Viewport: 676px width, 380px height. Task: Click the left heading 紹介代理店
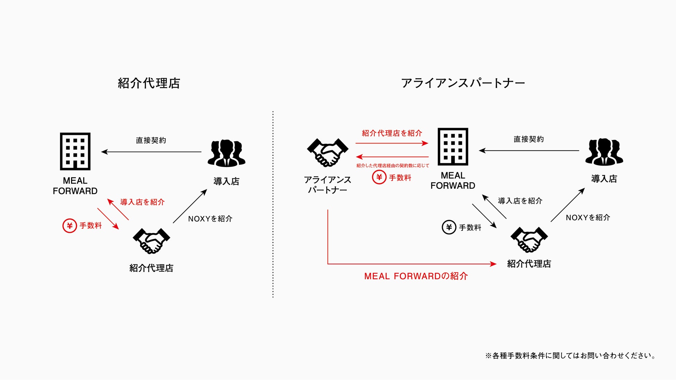149,83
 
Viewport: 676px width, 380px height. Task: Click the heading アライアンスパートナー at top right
463,83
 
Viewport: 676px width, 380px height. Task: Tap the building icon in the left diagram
75,151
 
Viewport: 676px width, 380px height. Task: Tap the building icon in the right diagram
453,147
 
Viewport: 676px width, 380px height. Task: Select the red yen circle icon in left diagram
70,226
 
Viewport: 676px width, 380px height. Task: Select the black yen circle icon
449,228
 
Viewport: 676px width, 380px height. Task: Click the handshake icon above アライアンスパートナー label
328,153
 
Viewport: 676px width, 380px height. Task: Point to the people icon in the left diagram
226,153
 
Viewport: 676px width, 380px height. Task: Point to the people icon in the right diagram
604,152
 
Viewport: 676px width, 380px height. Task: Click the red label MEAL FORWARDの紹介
416,276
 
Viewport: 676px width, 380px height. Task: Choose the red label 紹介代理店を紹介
392,133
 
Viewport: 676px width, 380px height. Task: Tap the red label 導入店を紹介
142,202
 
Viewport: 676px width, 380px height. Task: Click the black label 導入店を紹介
520,201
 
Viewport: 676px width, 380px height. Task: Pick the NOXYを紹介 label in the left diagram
210,219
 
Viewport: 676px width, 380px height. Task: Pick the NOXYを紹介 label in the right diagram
588,218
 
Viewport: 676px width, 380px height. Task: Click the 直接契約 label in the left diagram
151,140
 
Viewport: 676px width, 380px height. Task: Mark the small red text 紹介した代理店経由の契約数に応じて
392,166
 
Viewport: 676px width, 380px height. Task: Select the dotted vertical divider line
273,204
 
